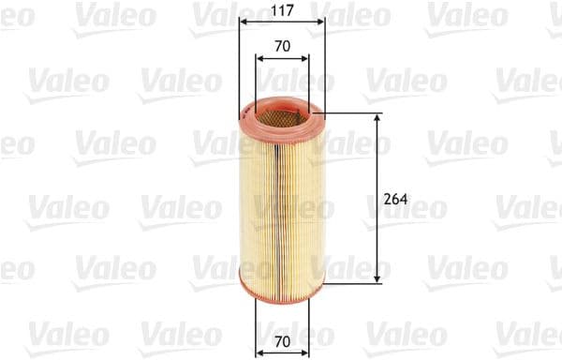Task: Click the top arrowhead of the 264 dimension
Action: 377,119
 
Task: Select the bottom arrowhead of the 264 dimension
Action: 377,277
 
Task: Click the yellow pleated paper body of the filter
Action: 281,202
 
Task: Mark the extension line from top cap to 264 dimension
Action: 351,114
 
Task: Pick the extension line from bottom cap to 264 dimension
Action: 351,282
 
